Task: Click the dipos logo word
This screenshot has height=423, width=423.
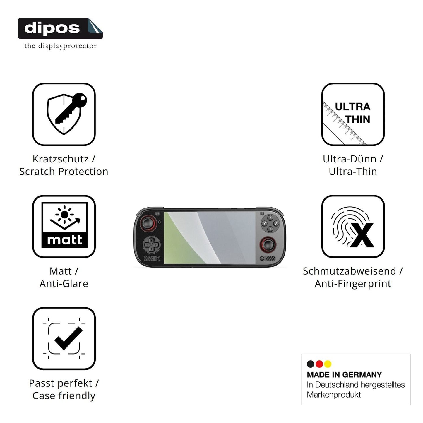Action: click(52, 28)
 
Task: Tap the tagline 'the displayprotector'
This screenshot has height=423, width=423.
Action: click(61, 46)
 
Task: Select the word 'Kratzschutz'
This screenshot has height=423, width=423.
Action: click(61, 159)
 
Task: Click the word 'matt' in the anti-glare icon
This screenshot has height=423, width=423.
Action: click(64, 240)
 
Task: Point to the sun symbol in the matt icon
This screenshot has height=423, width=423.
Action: click(64, 215)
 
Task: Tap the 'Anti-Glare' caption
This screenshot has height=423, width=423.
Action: click(64, 284)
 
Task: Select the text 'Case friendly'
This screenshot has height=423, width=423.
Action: click(64, 396)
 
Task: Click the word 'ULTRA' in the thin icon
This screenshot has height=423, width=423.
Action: click(352, 107)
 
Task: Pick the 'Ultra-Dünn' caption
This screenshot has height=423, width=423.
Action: click(350, 159)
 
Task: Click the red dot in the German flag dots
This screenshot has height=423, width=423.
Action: click(319, 364)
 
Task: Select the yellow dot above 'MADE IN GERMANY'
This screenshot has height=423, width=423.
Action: click(328, 364)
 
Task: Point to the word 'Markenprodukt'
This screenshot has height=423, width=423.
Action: click(334, 395)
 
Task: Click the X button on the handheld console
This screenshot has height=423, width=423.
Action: click(270, 218)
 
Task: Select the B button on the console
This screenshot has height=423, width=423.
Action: click(270, 229)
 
